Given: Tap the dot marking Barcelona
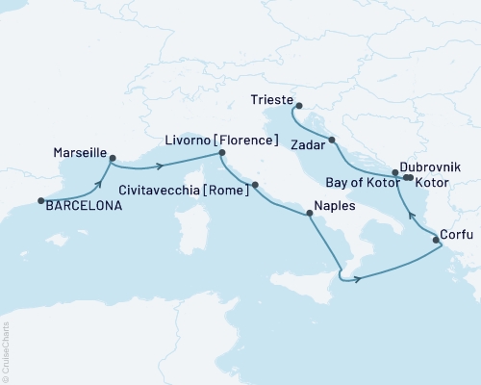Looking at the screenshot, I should point(40,201).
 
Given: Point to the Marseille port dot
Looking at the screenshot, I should point(113,159).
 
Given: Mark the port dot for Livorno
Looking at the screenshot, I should point(222,153).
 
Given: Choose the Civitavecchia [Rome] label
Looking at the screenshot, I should point(182,191).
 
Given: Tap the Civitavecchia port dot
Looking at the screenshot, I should point(255,183).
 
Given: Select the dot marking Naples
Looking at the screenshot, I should point(308,215).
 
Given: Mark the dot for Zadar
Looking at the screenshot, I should point(332,141).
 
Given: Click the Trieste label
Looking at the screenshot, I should point(267,99).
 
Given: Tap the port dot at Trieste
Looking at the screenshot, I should point(298,106).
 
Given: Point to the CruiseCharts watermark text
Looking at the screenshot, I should point(8,351).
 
